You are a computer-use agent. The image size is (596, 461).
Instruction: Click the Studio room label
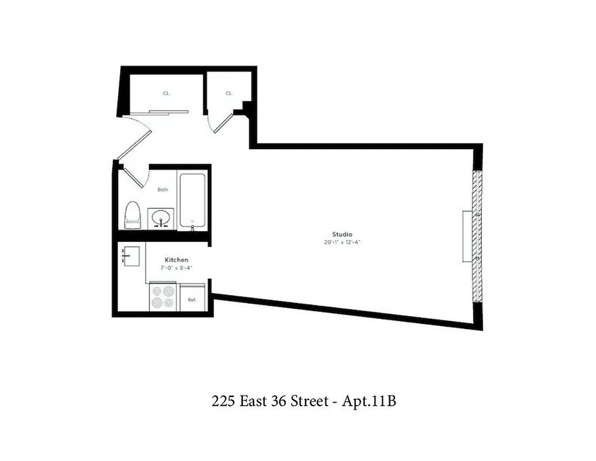pyautogui.click(x=341, y=234)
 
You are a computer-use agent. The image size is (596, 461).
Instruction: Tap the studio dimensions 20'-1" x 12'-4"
pyautogui.click(x=341, y=242)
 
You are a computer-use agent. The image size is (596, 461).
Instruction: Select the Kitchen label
pyautogui.click(x=176, y=260)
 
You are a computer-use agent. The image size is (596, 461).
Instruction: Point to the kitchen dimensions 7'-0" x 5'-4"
pyautogui.click(x=176, y=268)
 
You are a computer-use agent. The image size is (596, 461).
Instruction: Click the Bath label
pyautogui.click(x=163, y=190)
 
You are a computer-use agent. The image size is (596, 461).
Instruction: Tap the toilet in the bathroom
pyautogui.click(x=132, y=214)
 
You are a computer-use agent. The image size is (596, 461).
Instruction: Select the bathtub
pyautogui.click(x=192, y=200)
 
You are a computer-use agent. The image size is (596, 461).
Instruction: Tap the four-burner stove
pyautogui.click(x=162, y=297)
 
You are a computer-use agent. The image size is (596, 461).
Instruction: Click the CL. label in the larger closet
pyautogui.click(x=166, y=93)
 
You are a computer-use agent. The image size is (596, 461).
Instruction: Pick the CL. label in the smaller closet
pyautogui.click(x=229, y=93)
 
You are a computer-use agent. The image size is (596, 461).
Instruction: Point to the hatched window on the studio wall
pyautogui.click(x=477, y=236)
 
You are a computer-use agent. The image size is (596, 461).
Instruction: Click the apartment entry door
pyautogui.click(x=134, y=145)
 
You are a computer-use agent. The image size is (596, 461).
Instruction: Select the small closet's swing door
pyautogui.click(x=223, y=123)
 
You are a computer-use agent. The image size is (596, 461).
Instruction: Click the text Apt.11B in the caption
pyautogui.click(x=369, y=402)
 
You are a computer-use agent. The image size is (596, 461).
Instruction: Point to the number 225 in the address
pyautogui.click(x=222, y=402)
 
